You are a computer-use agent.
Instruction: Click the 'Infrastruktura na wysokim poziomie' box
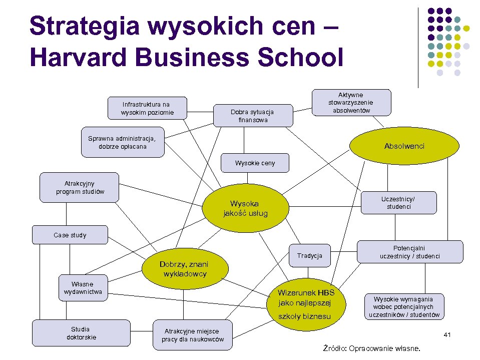point(147,108)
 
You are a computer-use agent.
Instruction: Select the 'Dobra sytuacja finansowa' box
point(253,116)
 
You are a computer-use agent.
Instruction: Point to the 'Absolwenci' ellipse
point(404,146)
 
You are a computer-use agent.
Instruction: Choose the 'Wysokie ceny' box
point(255,163)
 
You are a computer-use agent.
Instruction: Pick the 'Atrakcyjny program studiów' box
point(80,187)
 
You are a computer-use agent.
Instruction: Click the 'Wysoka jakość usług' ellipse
point(245,209)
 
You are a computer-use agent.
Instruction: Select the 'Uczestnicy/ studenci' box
point(398,203)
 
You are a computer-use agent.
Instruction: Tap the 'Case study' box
point(70,235)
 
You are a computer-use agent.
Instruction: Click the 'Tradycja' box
point(309,256)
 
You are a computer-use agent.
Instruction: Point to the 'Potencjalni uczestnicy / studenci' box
point(409,252)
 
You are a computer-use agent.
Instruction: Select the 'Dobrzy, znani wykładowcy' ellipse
point(184,269)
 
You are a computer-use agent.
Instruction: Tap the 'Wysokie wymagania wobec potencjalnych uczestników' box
point(404,307)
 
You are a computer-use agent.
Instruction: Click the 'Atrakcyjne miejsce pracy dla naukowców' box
point(192,335)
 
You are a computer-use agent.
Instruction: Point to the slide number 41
point(447,334)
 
